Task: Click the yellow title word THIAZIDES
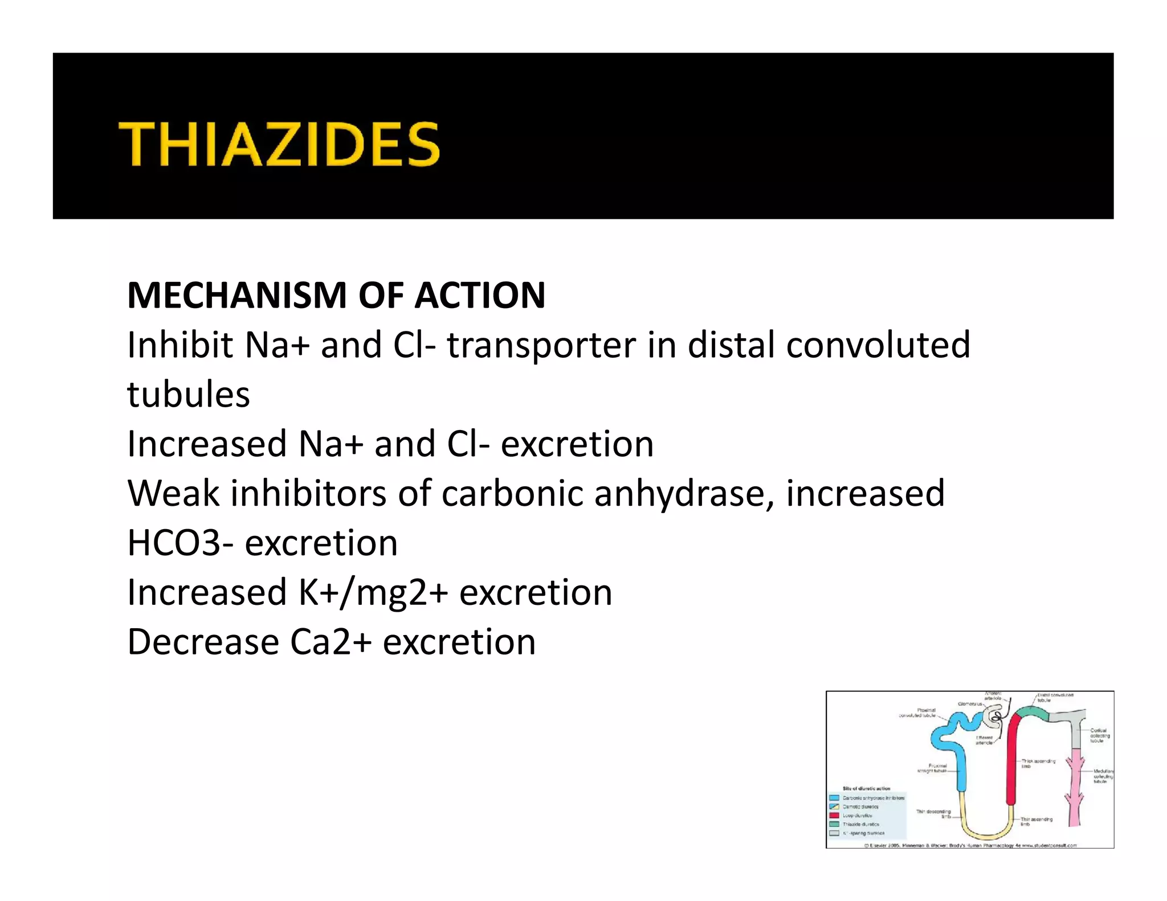coord(279,144)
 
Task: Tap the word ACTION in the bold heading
coord(480,296)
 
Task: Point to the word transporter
coord(541,346)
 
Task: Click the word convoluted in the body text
coord(878,345)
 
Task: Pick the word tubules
coord(189,395)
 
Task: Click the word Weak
coord(173,493)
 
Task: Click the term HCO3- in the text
coord(181,543)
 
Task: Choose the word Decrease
coord(203,642)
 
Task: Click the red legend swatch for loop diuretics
coord(834,816)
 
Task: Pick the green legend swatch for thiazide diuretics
coord(834,824)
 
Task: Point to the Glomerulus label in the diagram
coord(970,704)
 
